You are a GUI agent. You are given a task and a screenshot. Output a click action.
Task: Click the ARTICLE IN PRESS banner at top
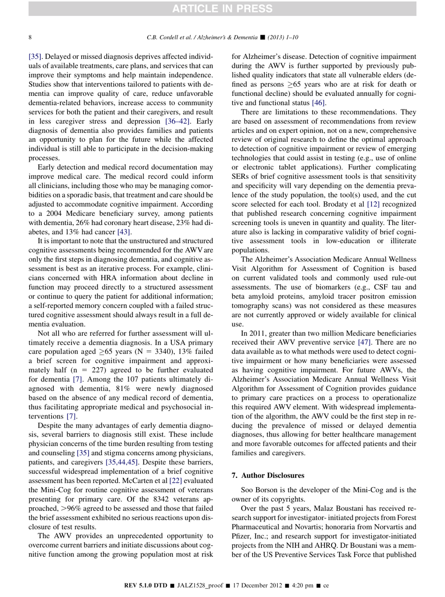click(x=222, y=8)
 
